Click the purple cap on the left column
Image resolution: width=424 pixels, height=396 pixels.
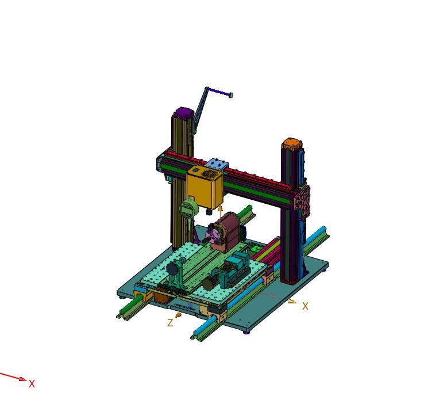pyautogui.click(x=183, y=111)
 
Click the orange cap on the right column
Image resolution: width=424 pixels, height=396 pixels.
pyautogui.click(x=291, y=142)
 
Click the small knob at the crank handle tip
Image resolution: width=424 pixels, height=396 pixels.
pyautogui.click(x=230, y=95)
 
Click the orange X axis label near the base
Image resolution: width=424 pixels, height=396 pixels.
pyautogui.click(x=305, y=306)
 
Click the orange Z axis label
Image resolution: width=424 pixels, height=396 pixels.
pyautogui.click(x=170, y=323)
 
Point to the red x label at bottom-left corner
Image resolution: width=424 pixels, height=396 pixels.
pyautogui.click(x=32, y=383)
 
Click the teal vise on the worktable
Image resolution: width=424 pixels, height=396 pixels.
pyautogui.click(x=233, y=271)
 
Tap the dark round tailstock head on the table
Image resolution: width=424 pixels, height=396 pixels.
pyautogui.click(x=172, y=269)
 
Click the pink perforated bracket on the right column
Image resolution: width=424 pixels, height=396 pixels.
pyautogui.click(x=302, y=201)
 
